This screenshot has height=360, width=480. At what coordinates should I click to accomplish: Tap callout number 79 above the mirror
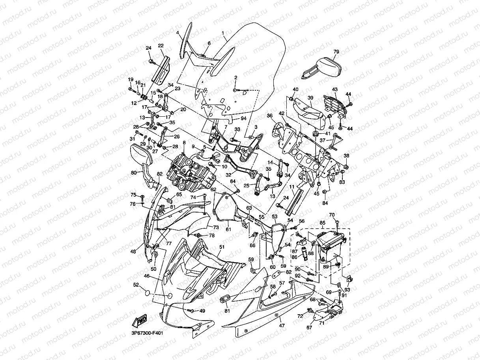coord(336,52)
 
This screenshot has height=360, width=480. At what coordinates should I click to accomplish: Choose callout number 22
coord(161,46)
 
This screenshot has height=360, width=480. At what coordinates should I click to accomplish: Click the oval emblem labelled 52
coord(147,293)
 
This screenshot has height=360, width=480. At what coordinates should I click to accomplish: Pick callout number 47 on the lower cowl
coord(282,326)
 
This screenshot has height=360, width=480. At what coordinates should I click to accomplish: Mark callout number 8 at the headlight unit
coord(184,142)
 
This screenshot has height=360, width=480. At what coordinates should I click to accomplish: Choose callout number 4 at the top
coord(177,33)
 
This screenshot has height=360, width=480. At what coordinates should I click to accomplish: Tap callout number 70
coord(332,215)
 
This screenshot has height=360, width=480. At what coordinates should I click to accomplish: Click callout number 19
coord(131,80)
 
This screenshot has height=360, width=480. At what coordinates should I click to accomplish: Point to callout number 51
coord(222,247)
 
